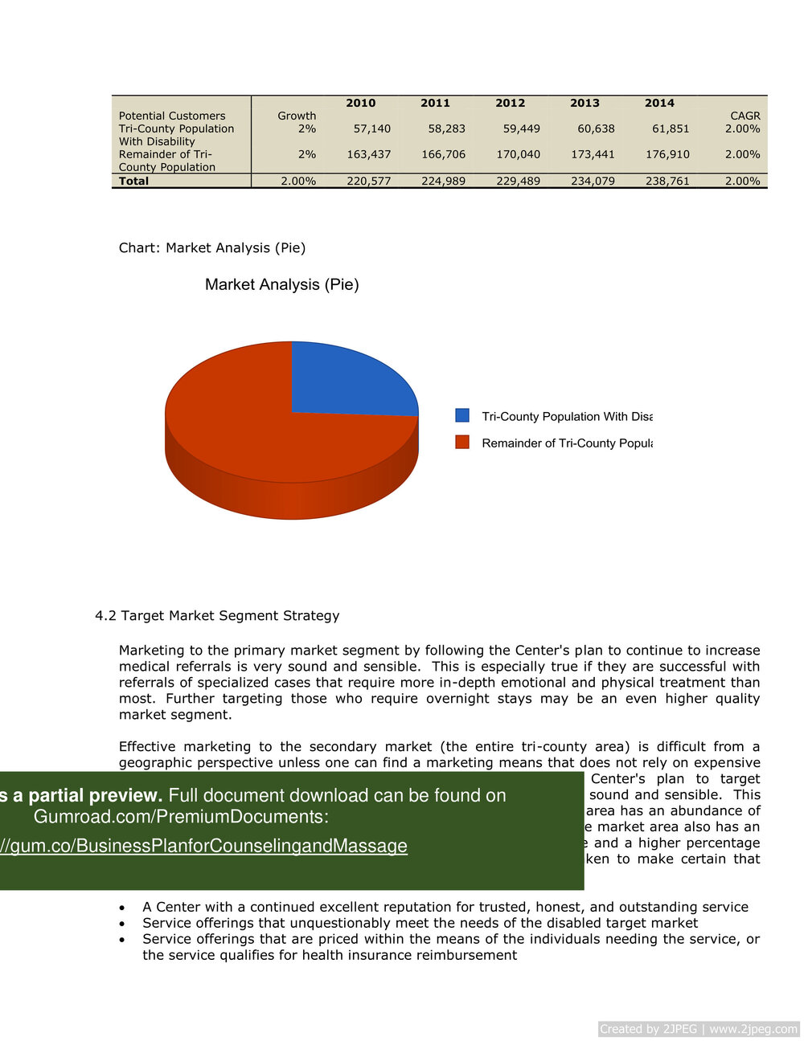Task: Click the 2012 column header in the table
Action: tap(510, 103)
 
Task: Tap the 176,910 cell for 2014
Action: tap(667, 154)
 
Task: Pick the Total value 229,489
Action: tap(518, 181)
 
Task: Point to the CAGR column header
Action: tap(744, 116)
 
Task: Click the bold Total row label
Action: tap(134, 181)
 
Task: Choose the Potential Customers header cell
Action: tap(172, 116)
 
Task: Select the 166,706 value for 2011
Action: tap(443, 154)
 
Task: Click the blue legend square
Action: tap(462, 415)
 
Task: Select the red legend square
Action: tap(462, 442)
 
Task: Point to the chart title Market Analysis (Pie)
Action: tap(281, 284)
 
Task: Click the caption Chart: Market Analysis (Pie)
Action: tap(212, 247)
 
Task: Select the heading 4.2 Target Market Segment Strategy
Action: tap(217, 615)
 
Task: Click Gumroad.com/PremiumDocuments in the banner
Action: tap(181, 817)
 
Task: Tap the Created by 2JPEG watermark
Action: tap(698, 1029)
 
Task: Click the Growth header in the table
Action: tap(297, 116)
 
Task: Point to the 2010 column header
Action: tap(360, 103)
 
